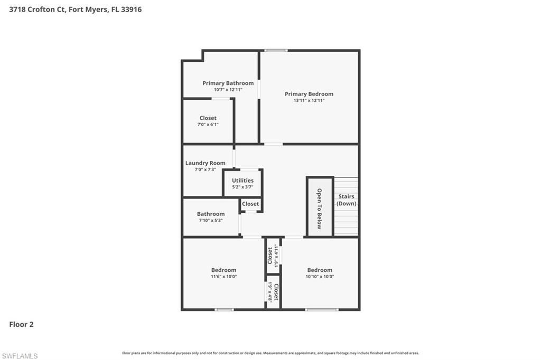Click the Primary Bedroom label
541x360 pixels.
coord(309,94)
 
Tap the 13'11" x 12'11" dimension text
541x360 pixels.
coord(309,100)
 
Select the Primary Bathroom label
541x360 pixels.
coord(228,83)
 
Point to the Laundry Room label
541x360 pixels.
coord(205,163)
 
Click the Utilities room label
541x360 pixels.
coord(242,181)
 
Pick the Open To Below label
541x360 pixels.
coord(319,209)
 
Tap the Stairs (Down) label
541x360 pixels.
coord(347,200)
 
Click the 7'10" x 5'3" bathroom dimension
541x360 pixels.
coord(211,220)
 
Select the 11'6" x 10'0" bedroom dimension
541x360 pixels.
coord(223,277)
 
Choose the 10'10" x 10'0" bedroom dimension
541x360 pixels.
coord(320,277)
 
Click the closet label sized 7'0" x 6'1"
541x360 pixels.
coord(208,118)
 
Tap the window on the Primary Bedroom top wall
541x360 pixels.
coord(276,50)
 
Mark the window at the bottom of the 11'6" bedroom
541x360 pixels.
coord(224,309)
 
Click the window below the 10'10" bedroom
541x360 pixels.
coord(322,309)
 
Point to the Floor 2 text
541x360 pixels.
coord(21,325)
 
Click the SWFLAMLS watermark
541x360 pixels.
coord(20,356)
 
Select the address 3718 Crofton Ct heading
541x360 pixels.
coord(76,9)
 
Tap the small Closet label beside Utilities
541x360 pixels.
coord(250,204)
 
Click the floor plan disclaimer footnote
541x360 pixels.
coord(270,353)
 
